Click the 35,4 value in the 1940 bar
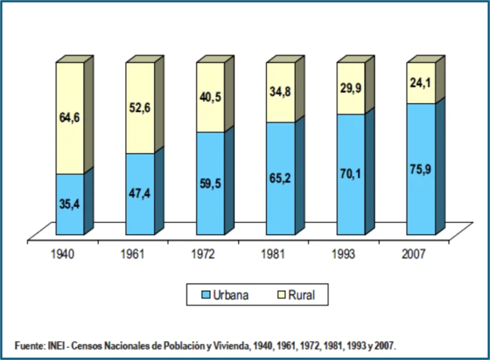click(69, 204)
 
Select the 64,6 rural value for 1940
click(69, 117)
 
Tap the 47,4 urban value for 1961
click(140, 193)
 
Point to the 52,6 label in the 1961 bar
click(140, 108)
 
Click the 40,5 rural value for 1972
click(210, 97)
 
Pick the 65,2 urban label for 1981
click(281, 178)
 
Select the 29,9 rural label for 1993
click(350, 88)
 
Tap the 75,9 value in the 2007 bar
click(421, 170)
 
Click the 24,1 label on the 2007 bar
click(421, 83)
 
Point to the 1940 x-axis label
click(62, 254)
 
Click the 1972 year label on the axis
click(203, 254)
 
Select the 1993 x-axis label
click(344, 254)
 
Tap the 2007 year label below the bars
click(413, 254)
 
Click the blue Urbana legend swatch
click(206, 295)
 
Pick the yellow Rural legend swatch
click(281, 295)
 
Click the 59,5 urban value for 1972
click(210, 183)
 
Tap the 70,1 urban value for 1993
click(350, 174)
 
